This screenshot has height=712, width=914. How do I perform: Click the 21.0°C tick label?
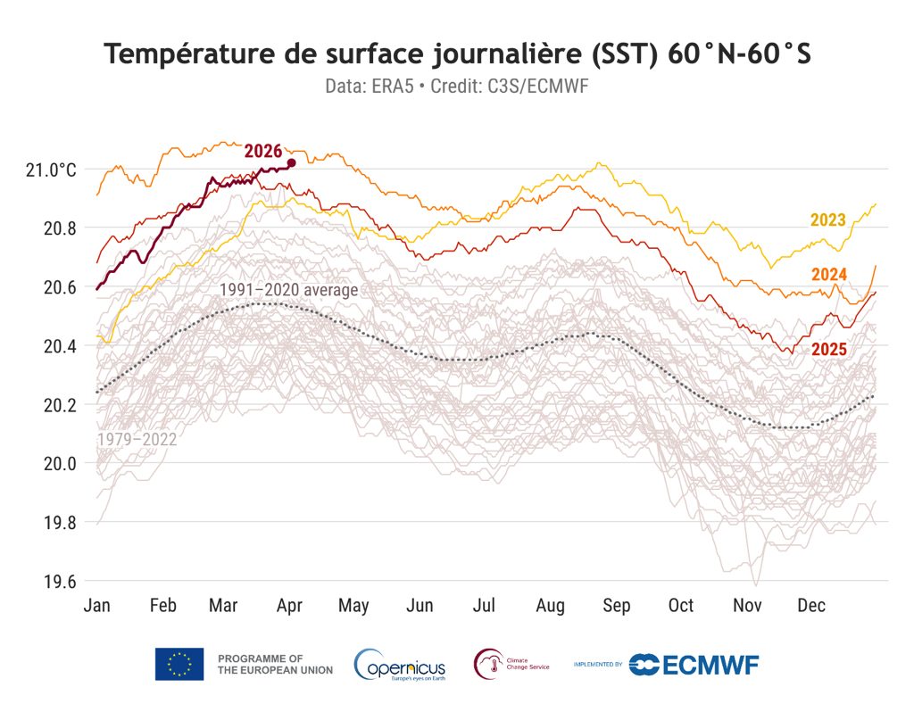(x=52, y=170)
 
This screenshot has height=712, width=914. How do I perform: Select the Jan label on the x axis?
(x=96, y=606)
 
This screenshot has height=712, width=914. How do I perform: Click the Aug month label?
(x=551, y=606)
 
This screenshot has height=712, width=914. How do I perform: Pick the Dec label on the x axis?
(x=811, y=606)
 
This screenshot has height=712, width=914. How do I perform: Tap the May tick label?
(x=353, y=606)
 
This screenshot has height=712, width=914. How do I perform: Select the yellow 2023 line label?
(x=827, y=219)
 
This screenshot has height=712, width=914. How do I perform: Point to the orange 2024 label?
(x=828, y=274)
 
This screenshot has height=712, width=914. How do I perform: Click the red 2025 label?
(x=828, y=350)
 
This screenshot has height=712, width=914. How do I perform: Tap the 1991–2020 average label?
(x=288, y=290)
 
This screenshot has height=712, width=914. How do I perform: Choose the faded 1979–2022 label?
(x=137, y=439)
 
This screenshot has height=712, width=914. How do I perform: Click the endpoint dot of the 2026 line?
(x=292, y=162)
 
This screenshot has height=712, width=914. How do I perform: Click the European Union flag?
(x=179, y=664)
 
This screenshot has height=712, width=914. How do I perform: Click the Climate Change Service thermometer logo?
(x=488, y=664)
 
